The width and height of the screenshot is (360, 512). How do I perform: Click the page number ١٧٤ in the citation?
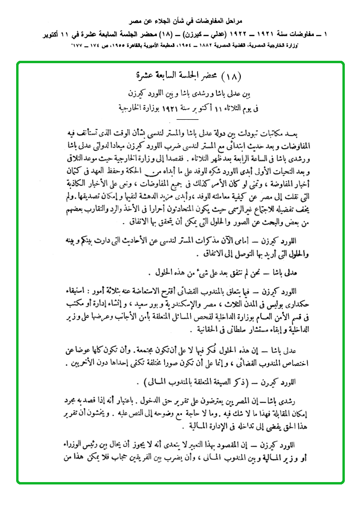coord(97,47)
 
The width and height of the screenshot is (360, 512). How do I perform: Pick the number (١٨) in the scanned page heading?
coord(232,76)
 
